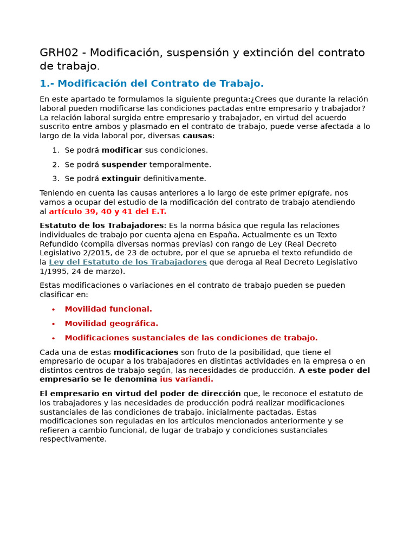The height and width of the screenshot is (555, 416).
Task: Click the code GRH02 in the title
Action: click(x=61, y=53)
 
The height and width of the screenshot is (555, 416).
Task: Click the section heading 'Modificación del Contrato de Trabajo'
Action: click(x=160, y=83)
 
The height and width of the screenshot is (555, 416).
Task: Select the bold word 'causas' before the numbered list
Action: click(x=197, y=135)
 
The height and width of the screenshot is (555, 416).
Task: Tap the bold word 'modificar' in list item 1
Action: click(x=122, y=150)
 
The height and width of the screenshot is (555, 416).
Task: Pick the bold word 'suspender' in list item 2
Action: click(x=124, y=164)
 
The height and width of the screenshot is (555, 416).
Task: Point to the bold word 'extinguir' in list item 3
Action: click(x=121, y=178)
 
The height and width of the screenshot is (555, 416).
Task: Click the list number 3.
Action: click(x=55, y=178)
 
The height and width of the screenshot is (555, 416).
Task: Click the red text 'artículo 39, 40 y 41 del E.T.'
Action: click(x=108, y=211)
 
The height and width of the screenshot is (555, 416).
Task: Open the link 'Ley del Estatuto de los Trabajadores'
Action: click(x=128, y=262)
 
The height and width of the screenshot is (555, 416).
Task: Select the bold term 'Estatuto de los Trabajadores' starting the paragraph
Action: click(x=101, y=225)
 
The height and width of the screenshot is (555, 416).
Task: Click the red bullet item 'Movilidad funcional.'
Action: click(x=108, y=309)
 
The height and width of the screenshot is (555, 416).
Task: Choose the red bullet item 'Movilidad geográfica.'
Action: click(x=112, y=324)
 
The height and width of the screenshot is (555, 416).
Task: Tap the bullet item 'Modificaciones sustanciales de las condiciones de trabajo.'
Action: click(x=191, y=338)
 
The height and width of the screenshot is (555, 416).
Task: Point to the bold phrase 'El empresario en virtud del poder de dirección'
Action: click(x=140, y=393)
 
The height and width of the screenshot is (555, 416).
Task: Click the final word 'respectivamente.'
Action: click(x=73, y=439)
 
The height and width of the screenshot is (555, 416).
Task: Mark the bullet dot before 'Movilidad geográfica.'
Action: click(x=54, y=324)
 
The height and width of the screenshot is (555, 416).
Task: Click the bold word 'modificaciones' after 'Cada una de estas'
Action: click(x=146, y=352)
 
